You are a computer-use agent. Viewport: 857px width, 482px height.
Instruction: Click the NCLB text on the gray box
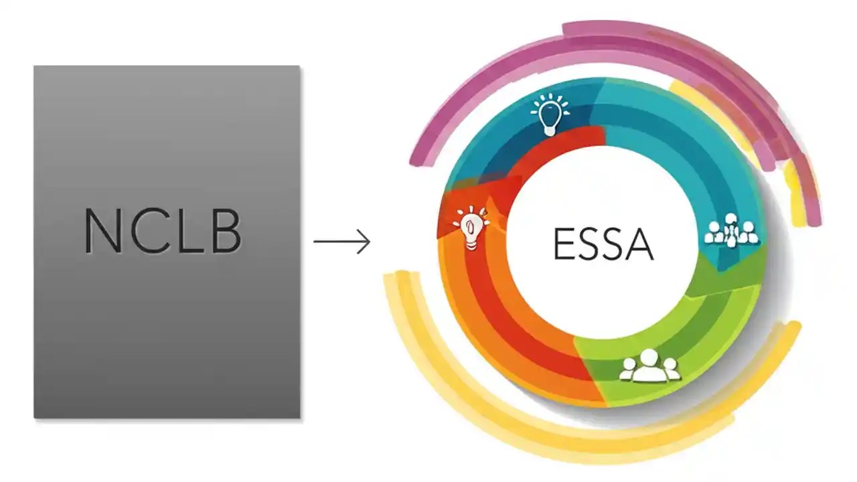point(163,231)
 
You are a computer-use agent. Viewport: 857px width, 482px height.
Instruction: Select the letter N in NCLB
point(102,231)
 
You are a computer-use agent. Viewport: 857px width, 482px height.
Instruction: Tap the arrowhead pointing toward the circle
point(365,242)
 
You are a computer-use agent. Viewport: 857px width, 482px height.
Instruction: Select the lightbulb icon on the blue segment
point(549,115)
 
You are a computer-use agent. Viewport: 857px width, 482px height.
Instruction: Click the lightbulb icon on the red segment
point(471,228)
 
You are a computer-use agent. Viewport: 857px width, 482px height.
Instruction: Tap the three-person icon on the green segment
point(649,367)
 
